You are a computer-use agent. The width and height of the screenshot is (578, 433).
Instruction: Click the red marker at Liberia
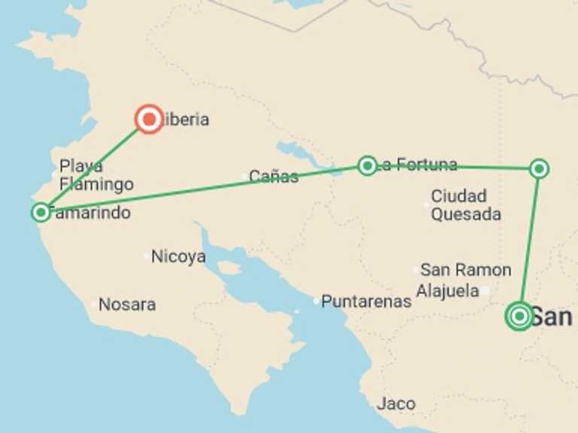coord(149,120)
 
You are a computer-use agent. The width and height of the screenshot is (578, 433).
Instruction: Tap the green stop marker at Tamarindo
coord(41,213)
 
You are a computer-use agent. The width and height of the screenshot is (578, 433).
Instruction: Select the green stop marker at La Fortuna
coord(367,165)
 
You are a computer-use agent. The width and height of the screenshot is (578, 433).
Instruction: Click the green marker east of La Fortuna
coord(539,168)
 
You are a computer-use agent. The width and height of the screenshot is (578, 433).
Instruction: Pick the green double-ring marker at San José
coord(519,316)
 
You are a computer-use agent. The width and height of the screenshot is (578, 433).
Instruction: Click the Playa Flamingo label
coord(96,175)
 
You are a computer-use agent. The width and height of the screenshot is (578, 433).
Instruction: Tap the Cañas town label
coord(274,177)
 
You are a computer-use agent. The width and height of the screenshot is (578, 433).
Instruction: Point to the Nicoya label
coord(178,256)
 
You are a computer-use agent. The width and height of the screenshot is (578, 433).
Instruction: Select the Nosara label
coord(127,304)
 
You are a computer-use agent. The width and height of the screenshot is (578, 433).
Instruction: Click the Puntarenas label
coord(367,301)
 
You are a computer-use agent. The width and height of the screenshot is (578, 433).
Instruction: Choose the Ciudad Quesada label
coord(466,205)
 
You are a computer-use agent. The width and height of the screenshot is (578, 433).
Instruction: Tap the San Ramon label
coord(465,270)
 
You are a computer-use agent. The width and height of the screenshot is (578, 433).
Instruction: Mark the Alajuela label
coord(448,290)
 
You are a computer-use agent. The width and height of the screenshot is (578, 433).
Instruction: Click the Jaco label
coord(396,404)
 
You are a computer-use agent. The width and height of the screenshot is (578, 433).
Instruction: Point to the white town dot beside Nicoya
coord(146,256)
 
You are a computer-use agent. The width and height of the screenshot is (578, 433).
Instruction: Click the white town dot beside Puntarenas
coord(316,301)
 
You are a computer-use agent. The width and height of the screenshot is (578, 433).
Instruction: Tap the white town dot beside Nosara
coord(93,304)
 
